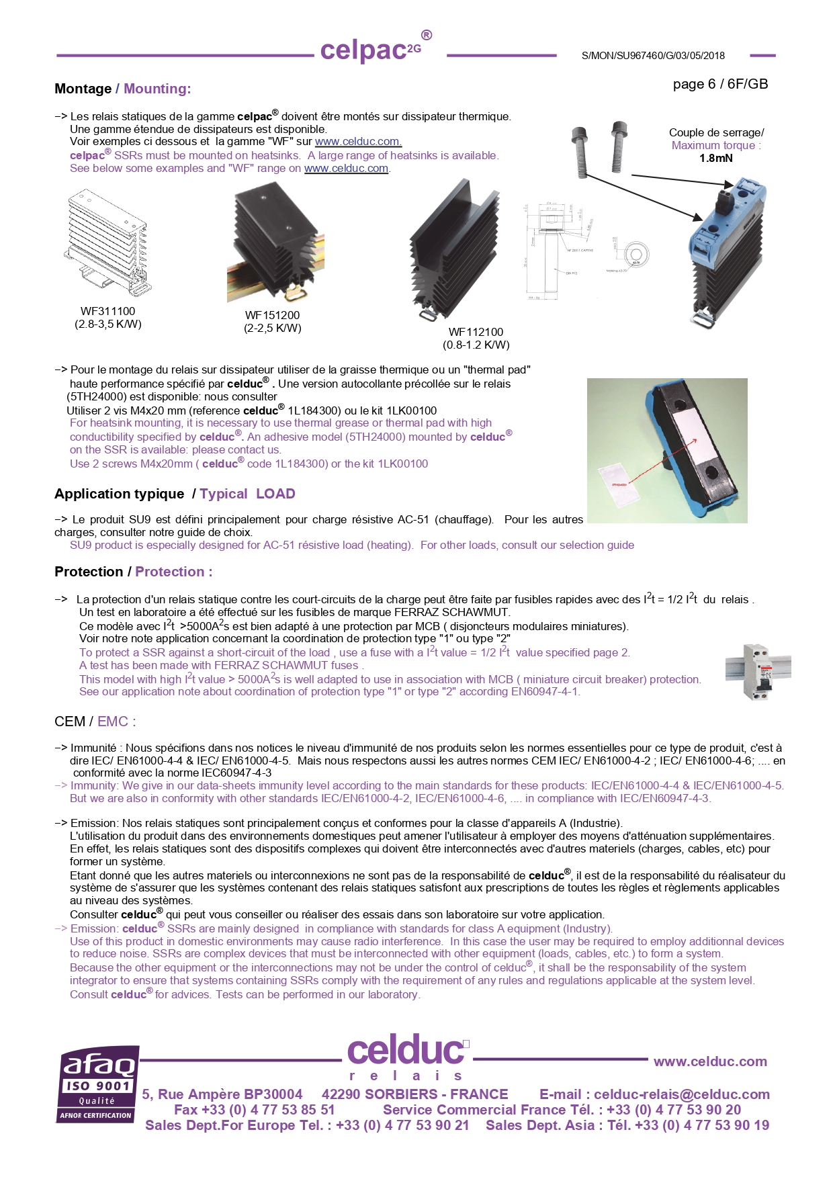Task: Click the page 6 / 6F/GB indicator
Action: [x=720, y=85]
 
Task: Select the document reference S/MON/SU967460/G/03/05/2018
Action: [x=652, y=56]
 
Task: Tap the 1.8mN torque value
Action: [x=715, y=159]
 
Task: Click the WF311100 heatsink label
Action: [x=107, y=312]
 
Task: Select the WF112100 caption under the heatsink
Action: [x=476, y=333]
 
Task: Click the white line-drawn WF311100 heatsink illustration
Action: [x=107, y=242]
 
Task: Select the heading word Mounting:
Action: [x=157, y=89]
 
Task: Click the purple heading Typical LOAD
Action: [x=247, y=494]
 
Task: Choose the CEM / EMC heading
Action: [x=95, y=722]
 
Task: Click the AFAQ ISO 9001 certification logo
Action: [x=98, y=1084]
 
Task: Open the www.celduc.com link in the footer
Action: [x=709, y=1062]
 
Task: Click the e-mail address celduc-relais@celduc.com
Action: [x=681, y=1095]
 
